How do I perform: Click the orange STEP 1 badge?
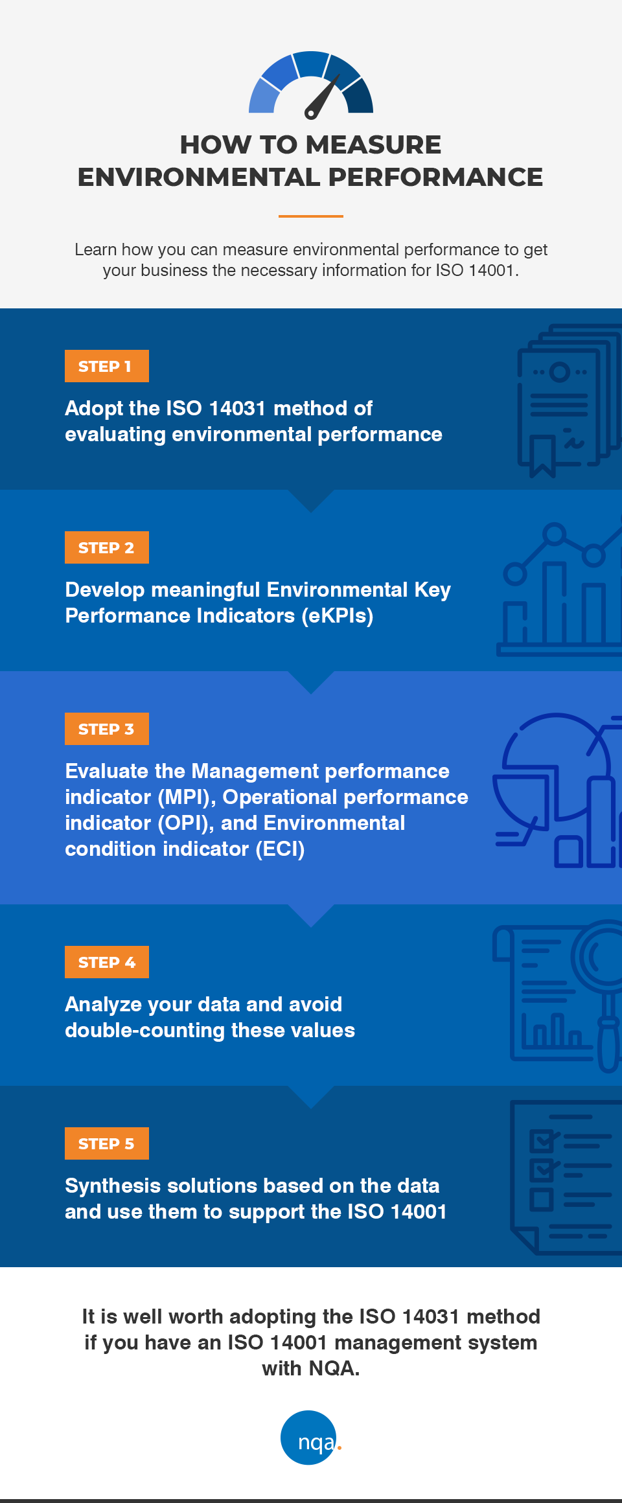point(106,366)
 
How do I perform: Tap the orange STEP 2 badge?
point(106,547)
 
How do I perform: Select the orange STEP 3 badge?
point(106,729)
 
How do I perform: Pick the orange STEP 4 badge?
point(106,962)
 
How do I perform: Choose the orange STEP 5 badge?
point(106,1143)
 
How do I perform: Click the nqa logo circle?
point(309,1437)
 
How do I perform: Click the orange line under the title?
point(311,216)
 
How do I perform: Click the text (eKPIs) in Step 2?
point(337,615)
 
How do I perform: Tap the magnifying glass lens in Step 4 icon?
point(608,958)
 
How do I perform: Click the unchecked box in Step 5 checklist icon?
point(542,1200)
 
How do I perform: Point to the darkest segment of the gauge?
point(359,99)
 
